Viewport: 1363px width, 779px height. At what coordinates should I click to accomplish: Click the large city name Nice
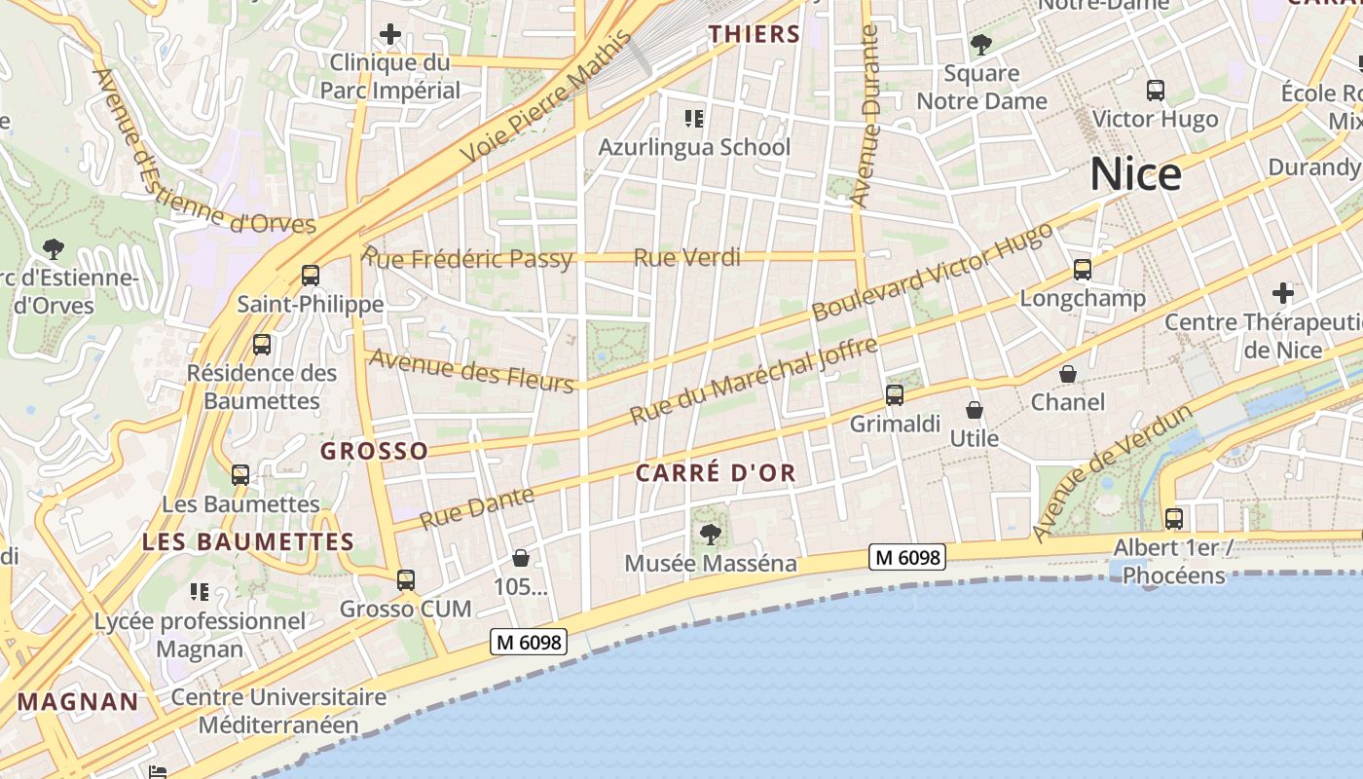[x=1135, y=174]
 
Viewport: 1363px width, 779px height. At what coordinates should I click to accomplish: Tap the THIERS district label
[x=755, y=34]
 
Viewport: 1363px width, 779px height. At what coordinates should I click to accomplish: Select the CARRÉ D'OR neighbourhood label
[x=716, y=473]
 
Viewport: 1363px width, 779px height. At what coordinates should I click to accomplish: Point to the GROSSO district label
[x=374, y=451]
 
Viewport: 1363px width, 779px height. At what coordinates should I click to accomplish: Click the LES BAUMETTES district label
[x=248, y=542]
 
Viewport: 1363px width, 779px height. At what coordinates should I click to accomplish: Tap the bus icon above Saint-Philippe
[x=311, y=276]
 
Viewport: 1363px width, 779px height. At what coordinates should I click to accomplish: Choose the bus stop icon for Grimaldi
[x=895, y=395]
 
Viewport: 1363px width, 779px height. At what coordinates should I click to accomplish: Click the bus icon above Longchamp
[x=1083, y=270]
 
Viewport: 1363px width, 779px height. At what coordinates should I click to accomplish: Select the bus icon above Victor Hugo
[x=1156, y=91]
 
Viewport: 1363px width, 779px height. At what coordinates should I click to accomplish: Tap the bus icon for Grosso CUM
[x=406, y=580]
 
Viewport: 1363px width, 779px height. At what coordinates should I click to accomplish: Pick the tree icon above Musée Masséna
[x=711, y=534]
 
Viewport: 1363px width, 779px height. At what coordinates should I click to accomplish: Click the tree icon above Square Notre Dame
[x=980, y=45]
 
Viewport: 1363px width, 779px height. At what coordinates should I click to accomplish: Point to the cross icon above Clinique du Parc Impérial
[x=390, y=35]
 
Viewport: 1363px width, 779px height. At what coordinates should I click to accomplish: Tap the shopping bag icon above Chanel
[x=1068, y=374]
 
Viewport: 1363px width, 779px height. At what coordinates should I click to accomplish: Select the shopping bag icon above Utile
[x=975, y=411]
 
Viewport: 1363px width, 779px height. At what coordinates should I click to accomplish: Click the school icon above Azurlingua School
[x=693, y=119]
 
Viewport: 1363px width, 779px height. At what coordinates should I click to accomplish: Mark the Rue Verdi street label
[x=687, y=258]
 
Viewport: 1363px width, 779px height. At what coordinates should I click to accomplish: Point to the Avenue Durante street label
[x=865, y=117]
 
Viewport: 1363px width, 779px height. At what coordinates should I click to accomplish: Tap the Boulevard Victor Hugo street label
[x=932, y=272]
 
